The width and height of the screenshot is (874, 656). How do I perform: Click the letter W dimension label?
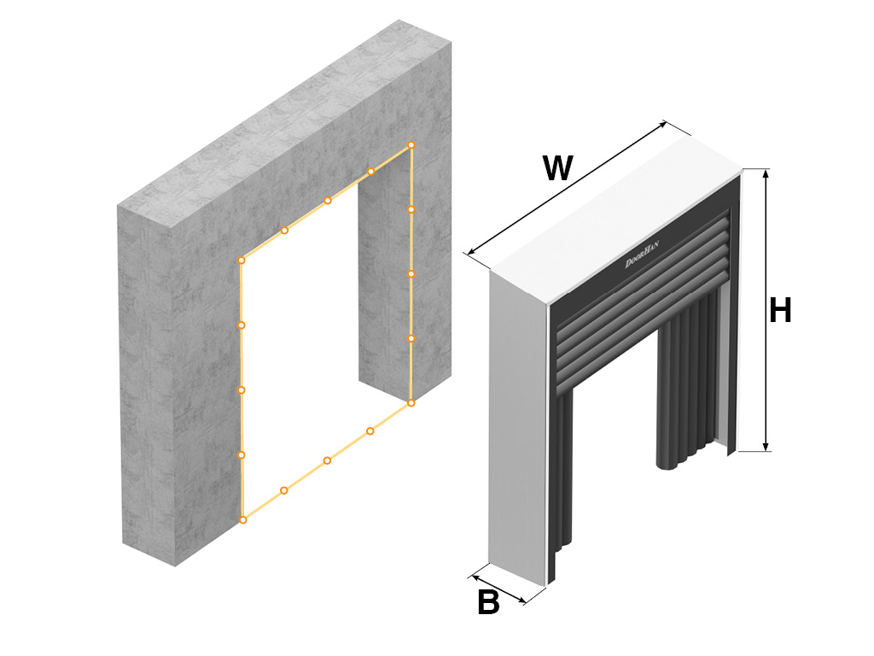coord(557,168)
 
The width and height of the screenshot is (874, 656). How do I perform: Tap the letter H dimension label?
coord(780,311)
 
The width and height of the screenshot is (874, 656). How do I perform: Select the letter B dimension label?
coord(488,603)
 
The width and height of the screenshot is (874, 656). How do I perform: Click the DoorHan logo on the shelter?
coord(643,254)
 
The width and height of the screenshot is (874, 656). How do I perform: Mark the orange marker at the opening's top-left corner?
coord(242,260)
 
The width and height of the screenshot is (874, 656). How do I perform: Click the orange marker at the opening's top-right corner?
coord(411,145)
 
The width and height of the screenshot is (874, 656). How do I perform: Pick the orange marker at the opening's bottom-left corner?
coord(242,519)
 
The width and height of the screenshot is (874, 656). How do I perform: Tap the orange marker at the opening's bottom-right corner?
coord(411,402)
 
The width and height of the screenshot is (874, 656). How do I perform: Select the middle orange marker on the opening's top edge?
coord(327,201)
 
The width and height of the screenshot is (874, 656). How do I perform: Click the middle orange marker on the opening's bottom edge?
coord(327,460)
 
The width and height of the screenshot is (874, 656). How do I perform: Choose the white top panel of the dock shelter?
coord(615,214)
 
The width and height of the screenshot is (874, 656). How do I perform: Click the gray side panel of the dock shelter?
coord(516,427)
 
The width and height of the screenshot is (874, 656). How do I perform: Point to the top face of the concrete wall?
coord(282,111)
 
